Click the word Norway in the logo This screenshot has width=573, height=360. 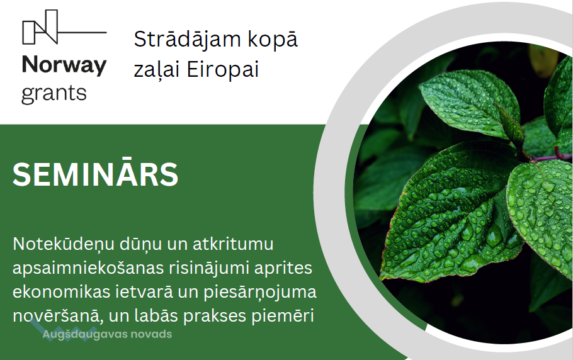coord(64,65)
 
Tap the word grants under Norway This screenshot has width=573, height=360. coord(54,94)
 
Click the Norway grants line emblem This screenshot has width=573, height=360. coord(64,27)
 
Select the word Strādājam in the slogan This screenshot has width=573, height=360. coord(188,39)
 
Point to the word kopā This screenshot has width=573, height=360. coord(273,40)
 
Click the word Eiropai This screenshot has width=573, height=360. coord(223,69)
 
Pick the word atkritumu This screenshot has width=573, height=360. coord(233,244)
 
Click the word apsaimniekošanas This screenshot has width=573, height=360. coord(88,268)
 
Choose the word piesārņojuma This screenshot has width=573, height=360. coord(260,293)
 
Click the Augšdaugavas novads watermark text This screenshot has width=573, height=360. coord(107,334)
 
